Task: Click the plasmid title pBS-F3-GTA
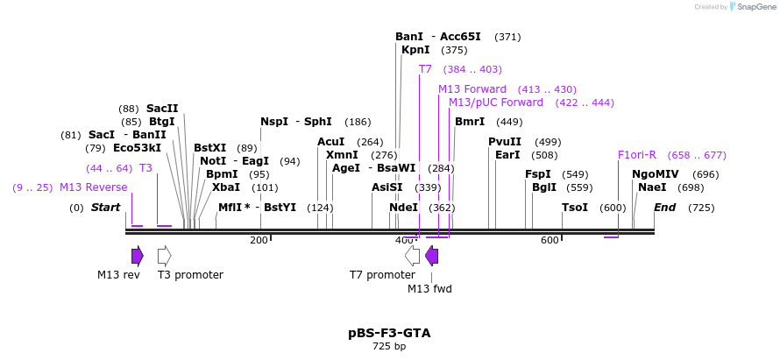[x=389, y=333]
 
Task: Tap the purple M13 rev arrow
[x=137, y=255]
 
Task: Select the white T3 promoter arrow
[x=164, y=255]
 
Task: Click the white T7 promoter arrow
[x=412, y=255]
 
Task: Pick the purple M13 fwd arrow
[x=431, y=255]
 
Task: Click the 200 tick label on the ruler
[x=259, y=240]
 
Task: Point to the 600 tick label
[x=550, y=240]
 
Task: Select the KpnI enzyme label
[x=415, y=50]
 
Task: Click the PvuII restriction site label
[x=505, y=142]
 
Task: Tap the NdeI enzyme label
[x=403, y=208]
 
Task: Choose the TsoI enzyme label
[x=575, y=208]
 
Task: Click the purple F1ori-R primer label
[x=637, y=155]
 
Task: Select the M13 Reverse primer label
[x=93, y=187]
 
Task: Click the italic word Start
[x=105, y=208]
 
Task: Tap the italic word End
[x=665, y=208]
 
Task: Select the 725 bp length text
[x=389, y=347]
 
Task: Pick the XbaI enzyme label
[x=226, y=187]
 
